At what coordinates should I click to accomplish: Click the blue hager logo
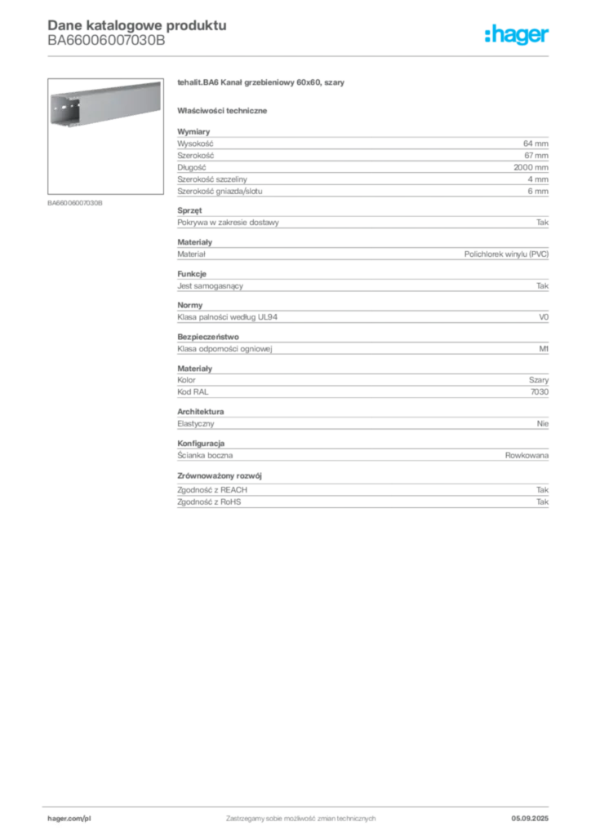click(518, 36)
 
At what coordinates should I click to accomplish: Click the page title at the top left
click(136, 24)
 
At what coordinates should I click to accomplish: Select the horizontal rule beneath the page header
click(300, 55)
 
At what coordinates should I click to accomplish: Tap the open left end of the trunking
click(64, 111)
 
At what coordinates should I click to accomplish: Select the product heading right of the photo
click(261, 84)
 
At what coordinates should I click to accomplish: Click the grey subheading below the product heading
click(225, 109)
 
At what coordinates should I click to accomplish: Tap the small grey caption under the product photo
click(75, 202)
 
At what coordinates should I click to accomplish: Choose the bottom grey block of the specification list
click(362, 492)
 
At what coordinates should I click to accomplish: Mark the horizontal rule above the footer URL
click(300, 805)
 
